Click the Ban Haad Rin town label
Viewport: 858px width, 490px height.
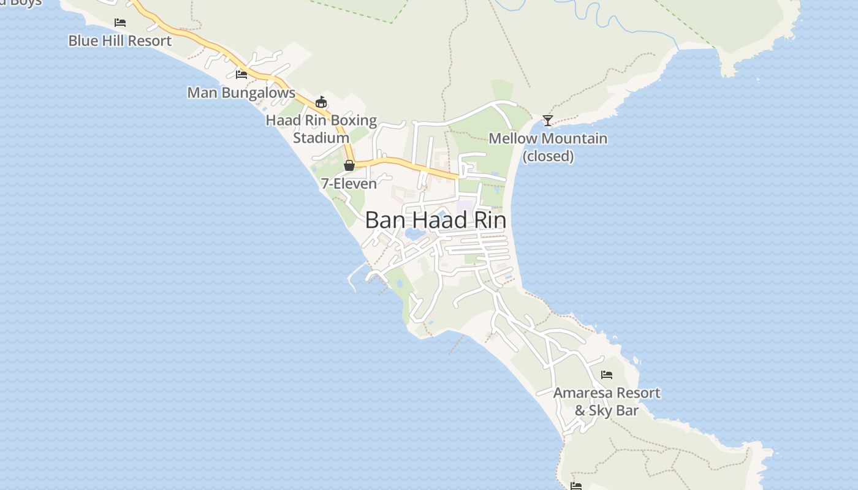coord(435,221)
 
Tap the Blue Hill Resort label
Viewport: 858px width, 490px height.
coord(120,41)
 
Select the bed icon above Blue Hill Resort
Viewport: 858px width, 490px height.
coord(120,23)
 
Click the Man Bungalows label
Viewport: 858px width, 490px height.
coord(241,93)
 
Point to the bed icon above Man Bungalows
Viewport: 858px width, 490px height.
coord(241,75)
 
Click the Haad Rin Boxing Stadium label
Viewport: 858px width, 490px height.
coord(321,129)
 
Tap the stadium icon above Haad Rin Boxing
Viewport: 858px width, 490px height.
coord(321,102)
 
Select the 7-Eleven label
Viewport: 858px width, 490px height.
coord(349,183)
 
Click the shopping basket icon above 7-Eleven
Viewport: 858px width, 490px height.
coord(349,165)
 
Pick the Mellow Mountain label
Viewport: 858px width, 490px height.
coord(548,139)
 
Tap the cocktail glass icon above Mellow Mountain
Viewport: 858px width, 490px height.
coord(548,121)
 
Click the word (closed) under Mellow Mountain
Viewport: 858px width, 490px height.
coord(548,156)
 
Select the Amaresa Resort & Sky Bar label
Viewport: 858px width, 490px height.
coord(607,402)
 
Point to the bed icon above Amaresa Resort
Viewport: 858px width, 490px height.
coord(607,375)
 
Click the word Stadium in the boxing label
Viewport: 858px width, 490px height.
coord(321,138)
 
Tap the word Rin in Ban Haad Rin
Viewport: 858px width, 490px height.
coord(488,221)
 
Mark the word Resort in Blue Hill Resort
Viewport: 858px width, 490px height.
coord(149,41)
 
